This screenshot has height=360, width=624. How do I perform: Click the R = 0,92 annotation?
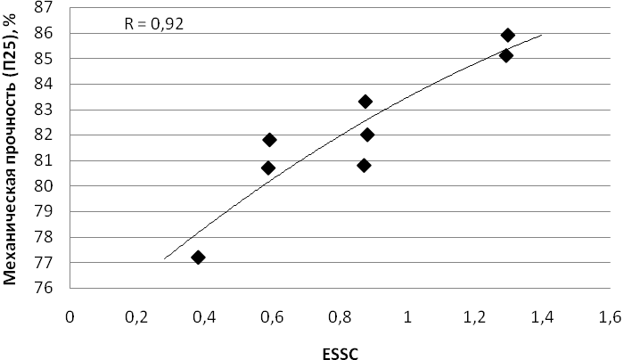point(153,24)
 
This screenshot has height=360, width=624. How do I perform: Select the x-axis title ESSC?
point(341,354)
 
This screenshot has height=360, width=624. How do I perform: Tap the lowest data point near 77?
point(198,258)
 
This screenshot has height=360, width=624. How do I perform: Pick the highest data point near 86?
point(507,35)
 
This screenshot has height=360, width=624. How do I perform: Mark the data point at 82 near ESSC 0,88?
point(367,135)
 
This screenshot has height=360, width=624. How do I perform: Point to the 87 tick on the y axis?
point(44,7)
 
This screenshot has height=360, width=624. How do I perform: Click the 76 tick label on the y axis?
point(44,288)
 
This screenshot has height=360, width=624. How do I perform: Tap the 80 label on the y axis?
point(44,185)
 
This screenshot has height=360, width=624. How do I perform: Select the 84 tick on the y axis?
point(44,84)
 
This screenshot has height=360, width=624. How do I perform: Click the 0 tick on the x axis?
point(70,317)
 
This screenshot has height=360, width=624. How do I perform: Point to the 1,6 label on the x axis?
point(609,317)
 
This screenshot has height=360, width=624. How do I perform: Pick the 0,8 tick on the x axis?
point(340,317)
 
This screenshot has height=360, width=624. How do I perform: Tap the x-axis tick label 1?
point(407,317)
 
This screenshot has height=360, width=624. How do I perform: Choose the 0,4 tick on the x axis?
point(204,317)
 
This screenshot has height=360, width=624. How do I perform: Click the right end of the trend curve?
point(542,35)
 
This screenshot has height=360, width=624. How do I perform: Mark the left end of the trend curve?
point(164,259)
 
